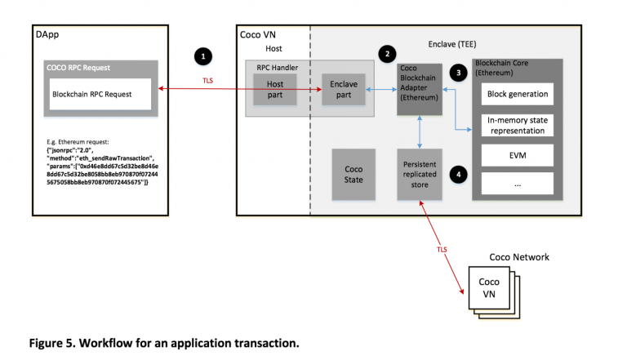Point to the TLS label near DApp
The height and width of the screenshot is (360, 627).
pos(208,80)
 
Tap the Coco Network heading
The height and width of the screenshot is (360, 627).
pos(518,257)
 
